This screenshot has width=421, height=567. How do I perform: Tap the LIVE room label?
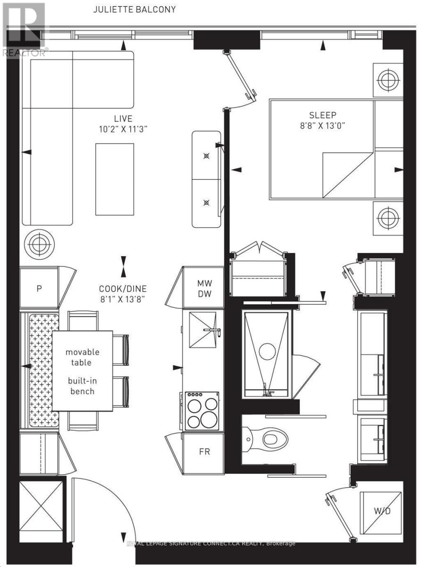pyautogui.click(x=123, y=119)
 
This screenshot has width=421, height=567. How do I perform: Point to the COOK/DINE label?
pyautogui.click(x=123, y=289)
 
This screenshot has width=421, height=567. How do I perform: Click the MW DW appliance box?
pyautogui.click(x=204, y=288)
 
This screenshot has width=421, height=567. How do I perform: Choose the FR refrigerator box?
pyautogui.click(x=204, y=451)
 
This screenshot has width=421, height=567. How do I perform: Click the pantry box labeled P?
pyautogui.click(x=39, y=288)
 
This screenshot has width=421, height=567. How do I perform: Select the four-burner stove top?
pyautogui.click(x=202, y=410)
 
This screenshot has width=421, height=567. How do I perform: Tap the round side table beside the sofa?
pyautogui.click(x=39, y=244)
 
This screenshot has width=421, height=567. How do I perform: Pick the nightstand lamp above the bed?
pyautogui.click(x=387, y=77)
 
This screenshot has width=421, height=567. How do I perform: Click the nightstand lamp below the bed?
pyautogui.click(x=387, y=218)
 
